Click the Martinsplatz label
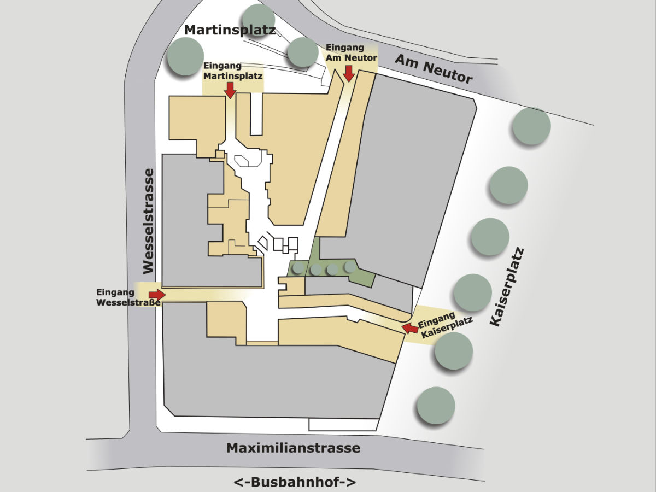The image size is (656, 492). pos(230,30)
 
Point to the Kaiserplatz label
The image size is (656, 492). pos(507,288)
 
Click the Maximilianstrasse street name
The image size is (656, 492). pos(293,448)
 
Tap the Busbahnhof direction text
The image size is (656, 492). pos(295,482)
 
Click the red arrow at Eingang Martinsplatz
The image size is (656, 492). pos(231,90)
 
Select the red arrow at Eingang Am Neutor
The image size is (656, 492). pos(348,73)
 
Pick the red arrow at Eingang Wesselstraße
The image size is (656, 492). pos(157,295)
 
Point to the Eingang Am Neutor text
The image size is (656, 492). pos(350,52)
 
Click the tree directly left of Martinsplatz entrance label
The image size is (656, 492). pos(185,56)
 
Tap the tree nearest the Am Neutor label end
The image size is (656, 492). pos(531,126)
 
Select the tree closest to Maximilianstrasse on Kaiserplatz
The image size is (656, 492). pos(436,406)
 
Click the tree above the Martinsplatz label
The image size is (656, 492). pos(258,19)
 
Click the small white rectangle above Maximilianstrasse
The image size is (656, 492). pos(343,424)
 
